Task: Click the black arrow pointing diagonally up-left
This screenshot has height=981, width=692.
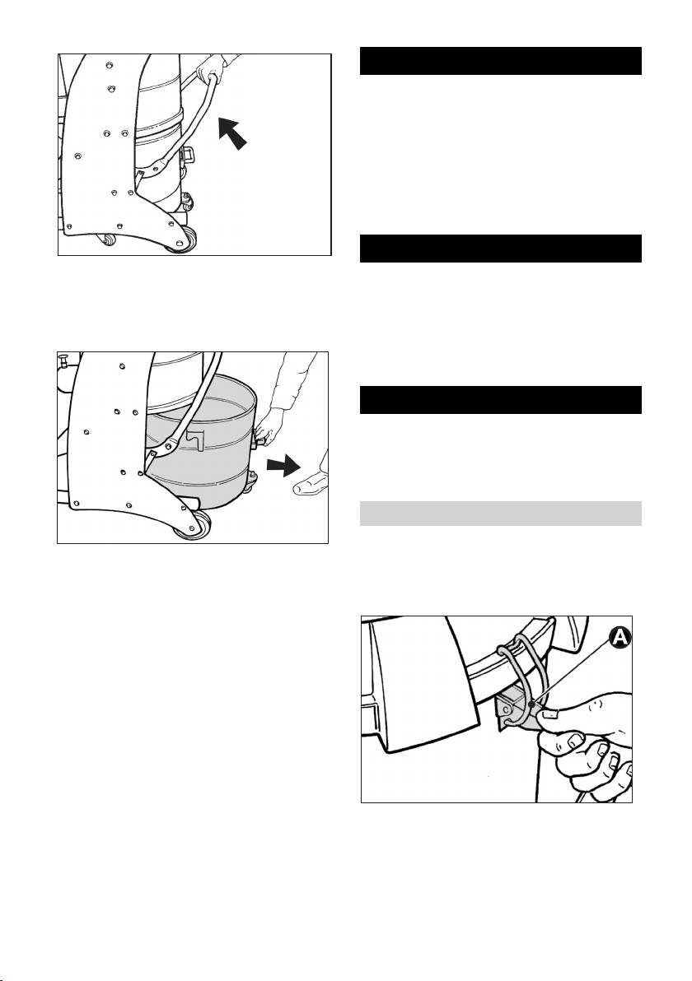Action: click(x=232, y=133)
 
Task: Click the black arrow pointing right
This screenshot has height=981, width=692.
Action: click(x=283, y=465)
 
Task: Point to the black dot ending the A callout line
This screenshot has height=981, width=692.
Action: click(x=531, y=704)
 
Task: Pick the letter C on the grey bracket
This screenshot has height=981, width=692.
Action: click(x=505, y=709)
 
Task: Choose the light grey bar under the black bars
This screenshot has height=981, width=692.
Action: click(x=500, y=513)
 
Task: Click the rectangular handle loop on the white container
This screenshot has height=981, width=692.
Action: click(x=187, y=154)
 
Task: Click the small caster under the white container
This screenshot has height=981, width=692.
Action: click(x=187, y=202)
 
